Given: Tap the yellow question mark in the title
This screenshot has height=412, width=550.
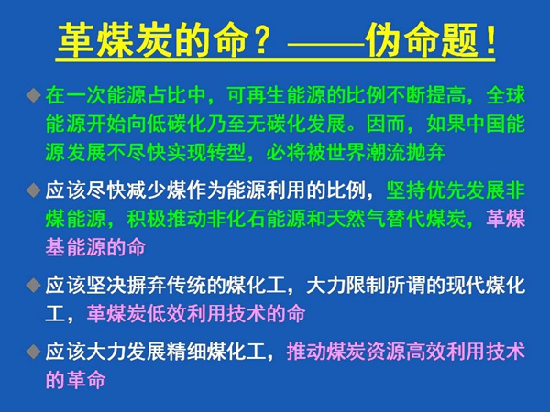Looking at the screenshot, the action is (262, 40).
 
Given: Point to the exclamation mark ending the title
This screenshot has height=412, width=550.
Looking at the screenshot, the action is (489, 39).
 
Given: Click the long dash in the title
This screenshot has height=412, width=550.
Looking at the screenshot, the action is (325, 45).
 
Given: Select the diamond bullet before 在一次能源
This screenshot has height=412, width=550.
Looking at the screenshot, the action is (33, 95).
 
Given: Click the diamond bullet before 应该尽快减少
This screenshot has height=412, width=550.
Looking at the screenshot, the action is (33, 190).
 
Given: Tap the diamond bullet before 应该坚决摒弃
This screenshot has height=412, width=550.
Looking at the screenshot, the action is (33, 285).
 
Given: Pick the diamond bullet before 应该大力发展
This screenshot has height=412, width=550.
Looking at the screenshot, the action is (33, 351).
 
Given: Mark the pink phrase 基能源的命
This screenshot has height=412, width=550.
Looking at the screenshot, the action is (95, 247).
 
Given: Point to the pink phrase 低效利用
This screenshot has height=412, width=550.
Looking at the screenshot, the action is (186, 313).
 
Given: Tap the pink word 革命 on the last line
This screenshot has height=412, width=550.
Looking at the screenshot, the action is (85, 380).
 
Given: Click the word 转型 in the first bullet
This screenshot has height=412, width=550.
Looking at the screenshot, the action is (225, 152).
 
